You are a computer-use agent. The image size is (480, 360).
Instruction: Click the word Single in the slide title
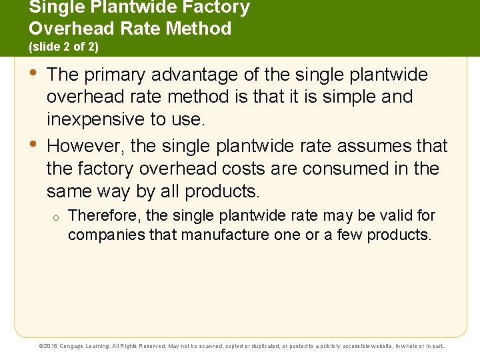point(53,8)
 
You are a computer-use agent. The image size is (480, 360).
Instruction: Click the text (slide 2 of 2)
point(64,47)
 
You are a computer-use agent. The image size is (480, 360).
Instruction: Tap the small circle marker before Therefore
point(58,217)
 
